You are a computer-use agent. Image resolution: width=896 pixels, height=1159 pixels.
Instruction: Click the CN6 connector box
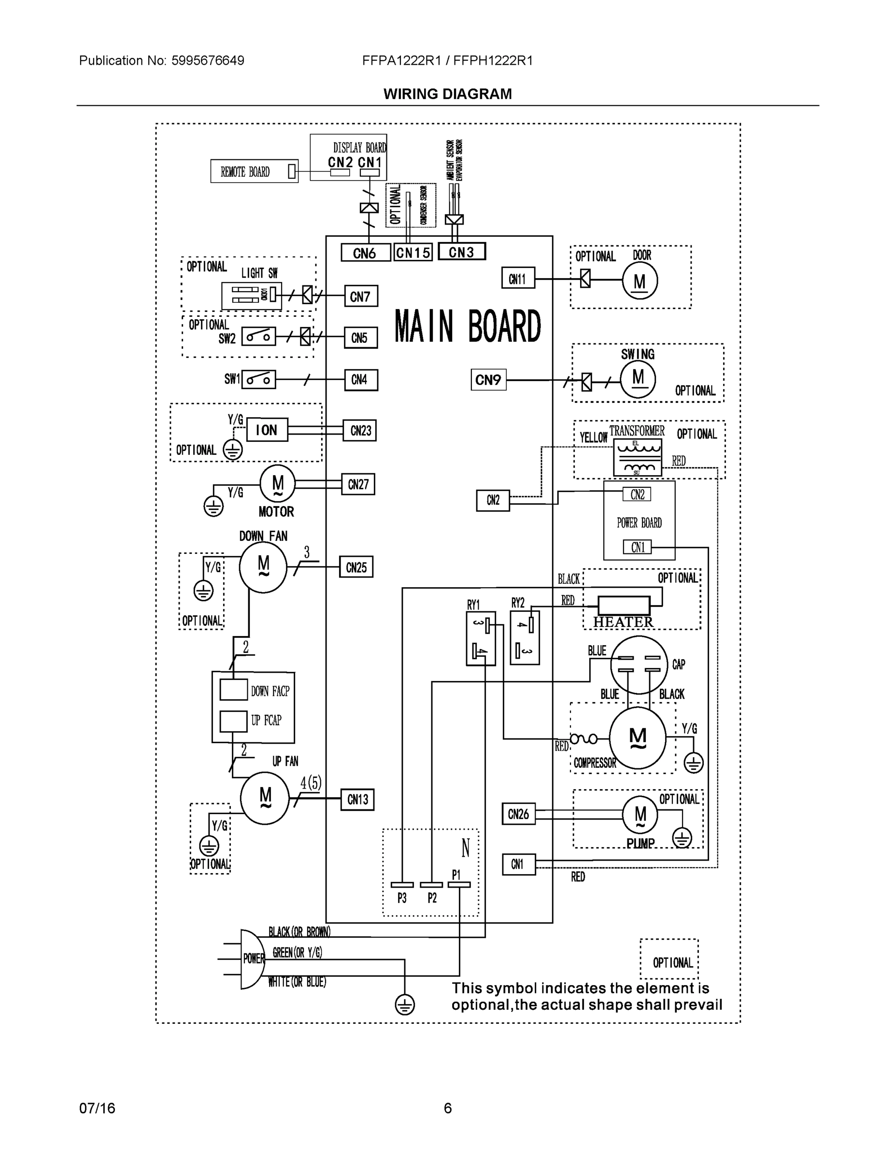(365, 253)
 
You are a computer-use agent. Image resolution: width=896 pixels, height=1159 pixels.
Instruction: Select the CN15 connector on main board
(413, 253)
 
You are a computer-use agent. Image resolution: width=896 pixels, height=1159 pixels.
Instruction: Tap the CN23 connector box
(360, 430)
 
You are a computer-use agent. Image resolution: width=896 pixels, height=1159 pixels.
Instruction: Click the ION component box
(267, 430)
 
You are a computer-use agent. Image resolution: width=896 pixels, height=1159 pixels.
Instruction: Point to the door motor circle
(640, 281)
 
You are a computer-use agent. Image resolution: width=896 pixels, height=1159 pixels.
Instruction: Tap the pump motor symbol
(640, 815)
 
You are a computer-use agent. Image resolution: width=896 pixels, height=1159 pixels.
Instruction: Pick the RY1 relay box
(481, 638)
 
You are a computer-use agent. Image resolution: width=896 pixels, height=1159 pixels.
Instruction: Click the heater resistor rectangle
(624, 605)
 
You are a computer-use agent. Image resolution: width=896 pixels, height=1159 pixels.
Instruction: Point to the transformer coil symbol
(638, 457)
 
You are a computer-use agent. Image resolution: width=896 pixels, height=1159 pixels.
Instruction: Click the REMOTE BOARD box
(254, 171)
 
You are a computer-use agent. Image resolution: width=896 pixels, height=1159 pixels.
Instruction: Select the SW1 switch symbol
(258, 380)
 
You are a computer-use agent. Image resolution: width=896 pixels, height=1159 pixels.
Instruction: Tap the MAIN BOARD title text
(468, 326)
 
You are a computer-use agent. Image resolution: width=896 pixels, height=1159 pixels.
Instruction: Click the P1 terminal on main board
(459, 885)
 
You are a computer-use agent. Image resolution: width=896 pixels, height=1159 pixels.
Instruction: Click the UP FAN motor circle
(264, 798)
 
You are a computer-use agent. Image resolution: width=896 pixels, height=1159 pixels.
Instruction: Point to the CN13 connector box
(357, 800)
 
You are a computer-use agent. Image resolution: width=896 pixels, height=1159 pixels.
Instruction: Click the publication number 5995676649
(208, 60)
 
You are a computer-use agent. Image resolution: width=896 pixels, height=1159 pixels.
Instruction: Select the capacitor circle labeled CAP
(639, 664)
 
